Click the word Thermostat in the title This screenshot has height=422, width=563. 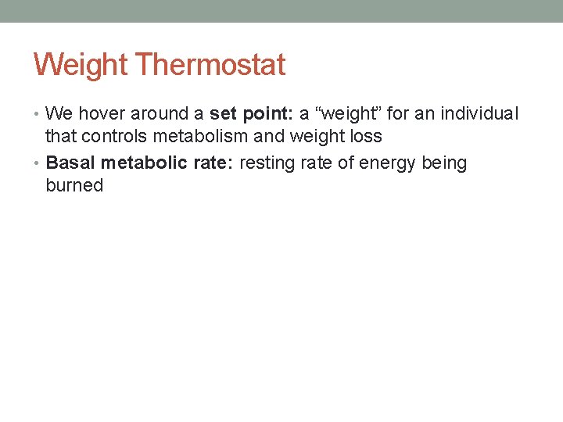pyautogui.click(x=210, y=64)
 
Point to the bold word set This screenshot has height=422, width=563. pyautogui.click(x=223, y=114)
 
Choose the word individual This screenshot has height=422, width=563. pyautogui.click(x=479, y=114)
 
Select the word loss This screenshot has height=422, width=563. pyautogui.click(x=364, y=137)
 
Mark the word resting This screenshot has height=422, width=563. pyautogui.click(x=270, y=163)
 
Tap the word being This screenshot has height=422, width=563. pyautogui.click(x=444, y=163)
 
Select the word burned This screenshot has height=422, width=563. pyautogui.click(x=74, y=186)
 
